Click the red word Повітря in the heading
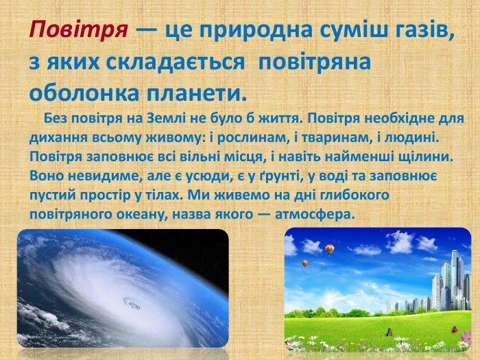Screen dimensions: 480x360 78,31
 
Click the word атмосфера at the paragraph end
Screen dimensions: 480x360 315,214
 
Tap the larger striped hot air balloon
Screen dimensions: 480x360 329,249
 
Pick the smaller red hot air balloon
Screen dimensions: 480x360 305,263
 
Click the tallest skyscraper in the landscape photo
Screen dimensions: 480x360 457,278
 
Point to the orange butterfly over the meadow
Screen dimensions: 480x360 454,330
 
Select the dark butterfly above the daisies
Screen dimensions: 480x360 389,332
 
